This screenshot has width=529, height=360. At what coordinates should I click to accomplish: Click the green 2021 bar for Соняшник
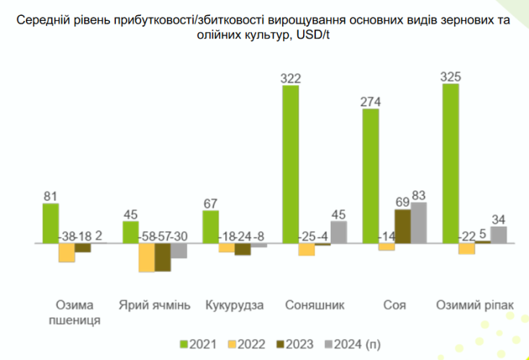[x=291, y=165]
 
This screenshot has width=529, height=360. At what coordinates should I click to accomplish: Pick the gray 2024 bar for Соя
[x=418, y=223]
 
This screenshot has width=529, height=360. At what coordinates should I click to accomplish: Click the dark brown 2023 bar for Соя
[x=402, y=227]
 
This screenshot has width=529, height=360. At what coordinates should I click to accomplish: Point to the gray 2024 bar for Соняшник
[x=338, y=233]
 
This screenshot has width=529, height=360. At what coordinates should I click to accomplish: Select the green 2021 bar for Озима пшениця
[x=50, y=223]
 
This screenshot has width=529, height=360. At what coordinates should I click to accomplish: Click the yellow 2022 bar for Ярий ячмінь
[x=147, y=257]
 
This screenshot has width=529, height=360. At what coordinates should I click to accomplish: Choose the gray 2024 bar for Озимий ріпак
[x=498, y=235]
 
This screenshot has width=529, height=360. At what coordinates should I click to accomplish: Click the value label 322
[x=291, y=78]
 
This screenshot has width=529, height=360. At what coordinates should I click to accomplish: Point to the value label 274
[x=371, y=102]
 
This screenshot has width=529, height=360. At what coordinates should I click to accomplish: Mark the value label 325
[x=451, y=77]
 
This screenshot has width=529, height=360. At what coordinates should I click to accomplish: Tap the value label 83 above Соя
[x=418, y=195]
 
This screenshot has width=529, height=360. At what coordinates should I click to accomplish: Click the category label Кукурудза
[x=234, y=305]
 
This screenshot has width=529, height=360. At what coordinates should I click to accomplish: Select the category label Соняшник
[x=315, y=305]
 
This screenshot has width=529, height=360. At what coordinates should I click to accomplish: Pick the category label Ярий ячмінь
[x=154, y=305]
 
